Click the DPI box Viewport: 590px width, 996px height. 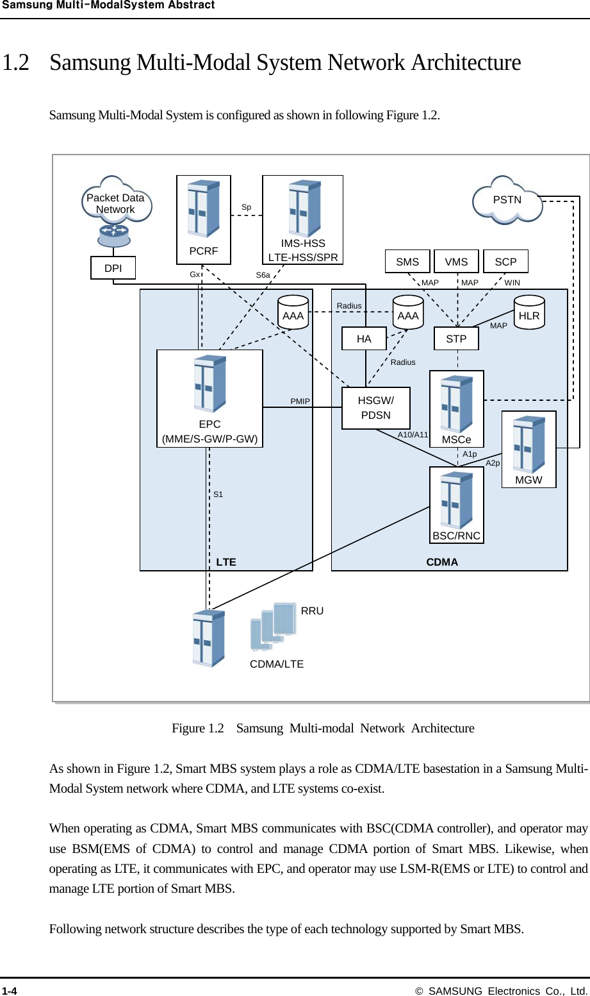point(113,268)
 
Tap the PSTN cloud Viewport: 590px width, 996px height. point(507,201)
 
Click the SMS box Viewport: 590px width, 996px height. point(407,262)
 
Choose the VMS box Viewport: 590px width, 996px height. point(456,262)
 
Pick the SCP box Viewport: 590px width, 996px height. point(505,262)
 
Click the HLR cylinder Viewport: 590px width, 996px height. point(529,314)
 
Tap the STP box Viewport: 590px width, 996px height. point(456,339)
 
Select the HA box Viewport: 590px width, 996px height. point(364,339)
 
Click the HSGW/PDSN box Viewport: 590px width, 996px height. point(376,408)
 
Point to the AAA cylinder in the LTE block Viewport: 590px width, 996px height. point(293,314)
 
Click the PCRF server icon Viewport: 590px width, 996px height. point(204,210)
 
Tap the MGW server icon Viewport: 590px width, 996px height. point(529,445)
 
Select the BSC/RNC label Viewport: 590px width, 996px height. point(456,536)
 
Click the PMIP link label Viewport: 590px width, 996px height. point(300,401)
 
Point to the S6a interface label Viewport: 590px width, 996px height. point(263,275)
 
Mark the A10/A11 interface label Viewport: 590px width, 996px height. point(413,435)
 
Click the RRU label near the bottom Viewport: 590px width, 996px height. point(312,611)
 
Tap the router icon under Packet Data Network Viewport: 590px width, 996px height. point(114,235)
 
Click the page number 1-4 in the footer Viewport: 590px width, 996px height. point(10,991)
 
